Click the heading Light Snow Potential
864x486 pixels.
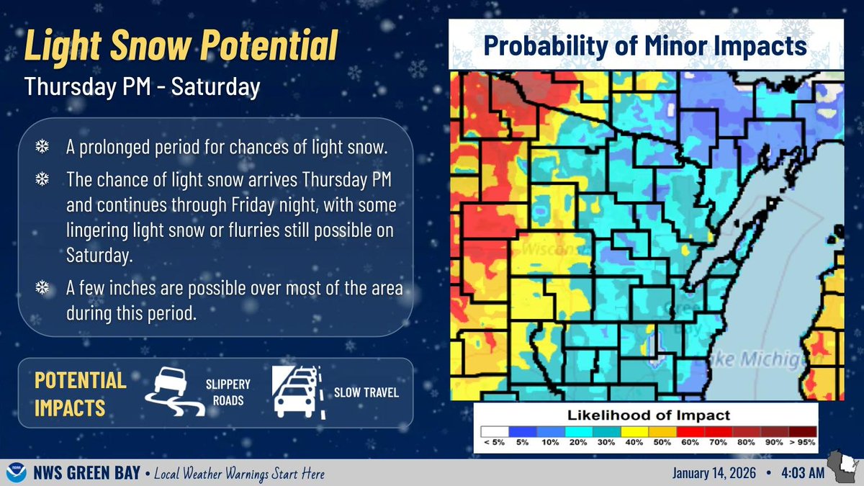point(181,47)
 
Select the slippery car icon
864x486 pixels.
point(173,392)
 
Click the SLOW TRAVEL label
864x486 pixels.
point(366,392)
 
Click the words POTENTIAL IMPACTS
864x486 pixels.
point(80,393)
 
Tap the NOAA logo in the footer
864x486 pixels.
point(14,473)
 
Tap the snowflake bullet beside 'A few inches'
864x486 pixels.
point(42,289)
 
